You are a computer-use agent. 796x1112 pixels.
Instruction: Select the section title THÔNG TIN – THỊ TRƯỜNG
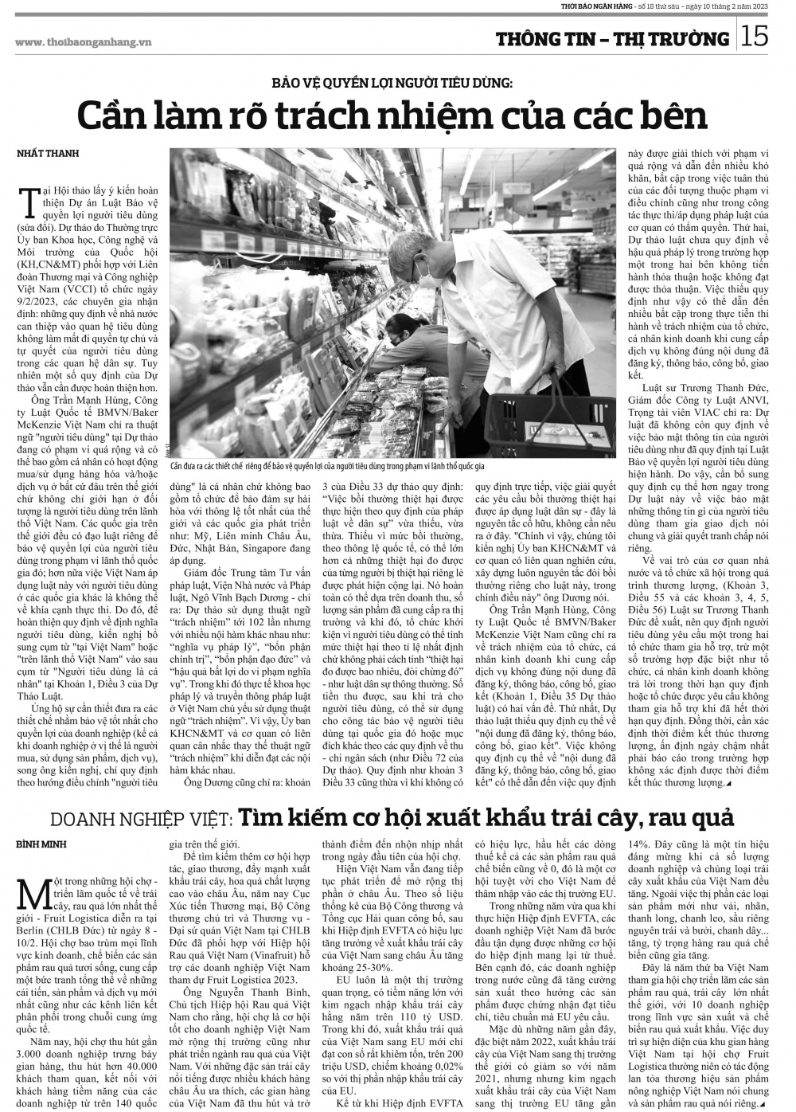[611, 39]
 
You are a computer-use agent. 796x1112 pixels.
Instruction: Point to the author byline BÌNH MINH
[41, 844]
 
